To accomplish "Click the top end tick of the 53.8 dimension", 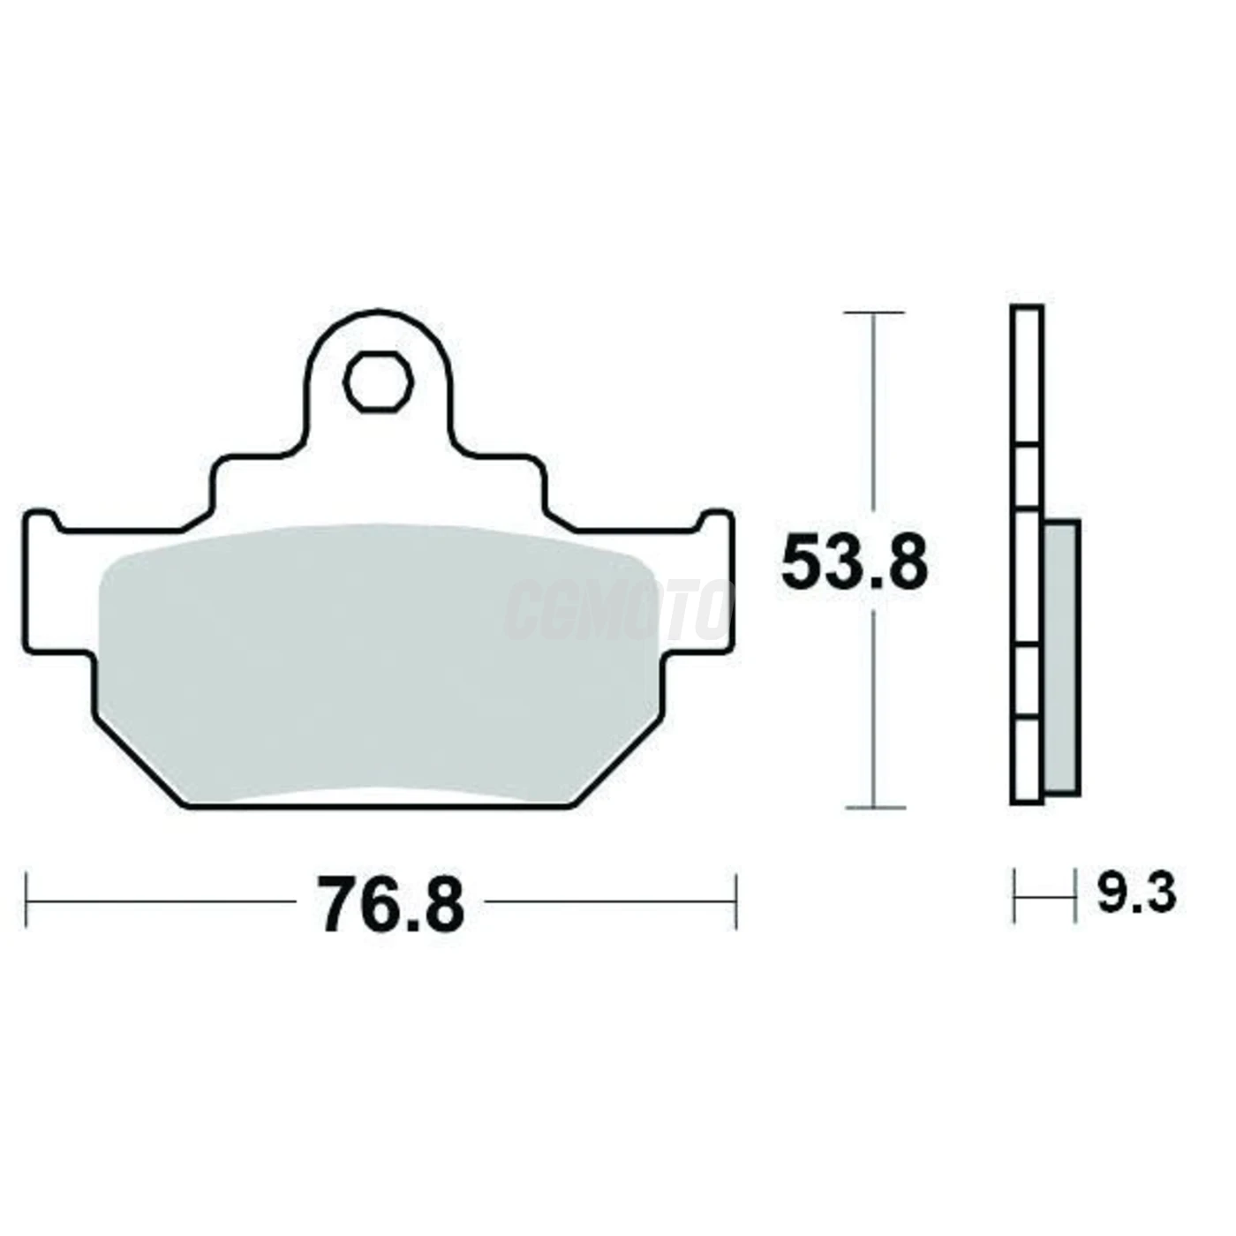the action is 874,313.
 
